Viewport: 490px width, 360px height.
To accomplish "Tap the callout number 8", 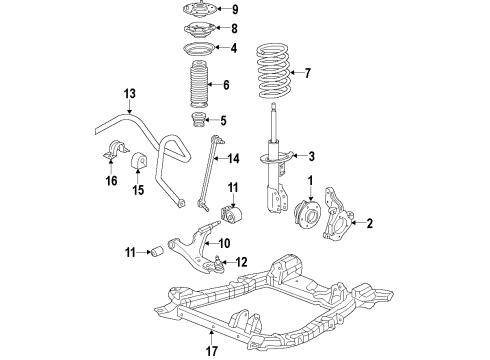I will (234, 29).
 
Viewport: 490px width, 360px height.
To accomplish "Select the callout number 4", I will (234, 48).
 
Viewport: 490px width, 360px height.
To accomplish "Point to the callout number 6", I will (227, 85).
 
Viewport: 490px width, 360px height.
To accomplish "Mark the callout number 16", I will (111, 180).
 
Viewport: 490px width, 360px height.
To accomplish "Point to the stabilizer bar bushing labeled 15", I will (155, 160).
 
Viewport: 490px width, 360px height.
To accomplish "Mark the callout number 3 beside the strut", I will (311, 156).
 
